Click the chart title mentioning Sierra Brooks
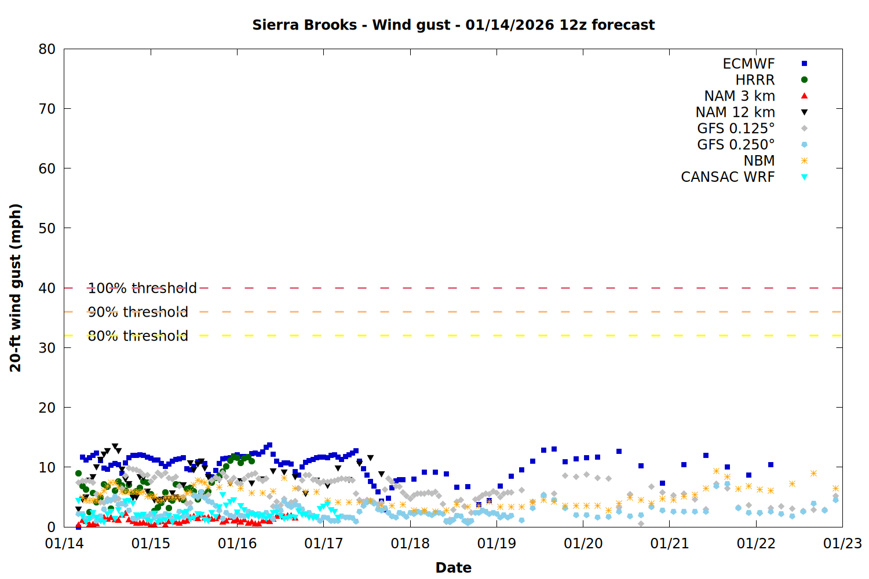coord(453,25)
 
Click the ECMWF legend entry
coord(748,64)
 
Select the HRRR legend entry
coord(755,80)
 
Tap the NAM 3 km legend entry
coord(739,96)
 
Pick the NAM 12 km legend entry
coord(735,112)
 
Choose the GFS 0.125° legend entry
coord(736,129)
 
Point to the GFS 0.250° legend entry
coord(736,145)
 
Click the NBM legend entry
coord(759,161)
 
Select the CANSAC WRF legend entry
coord(728,177)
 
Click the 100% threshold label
coord(142,288)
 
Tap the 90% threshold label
coord(138,312)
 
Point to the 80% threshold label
coord(138,336)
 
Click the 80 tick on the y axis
coord(47,49)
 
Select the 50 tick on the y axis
coord(47,228)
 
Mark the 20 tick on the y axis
coord(47,408)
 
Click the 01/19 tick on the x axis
coord(496,544)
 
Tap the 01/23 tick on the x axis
coord(842,544)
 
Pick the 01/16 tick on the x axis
coord(237,544)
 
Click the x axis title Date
coord(453,568)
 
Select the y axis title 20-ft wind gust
coord(16,288)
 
